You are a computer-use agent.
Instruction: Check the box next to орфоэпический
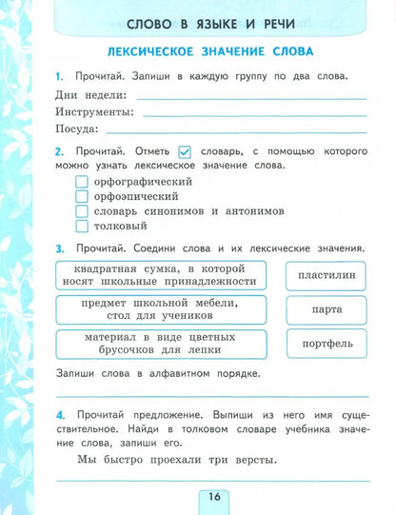[81, 197]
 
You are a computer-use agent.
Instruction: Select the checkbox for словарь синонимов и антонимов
[81, 212]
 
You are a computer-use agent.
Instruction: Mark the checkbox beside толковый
[81, 228]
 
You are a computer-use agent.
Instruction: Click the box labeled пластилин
[327, 274]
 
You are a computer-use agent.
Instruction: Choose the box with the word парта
[327, 309]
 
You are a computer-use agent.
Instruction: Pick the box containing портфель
[327, 344]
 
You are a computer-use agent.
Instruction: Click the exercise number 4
[59, 415]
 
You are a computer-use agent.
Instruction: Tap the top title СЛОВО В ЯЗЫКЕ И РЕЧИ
[211, 16]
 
